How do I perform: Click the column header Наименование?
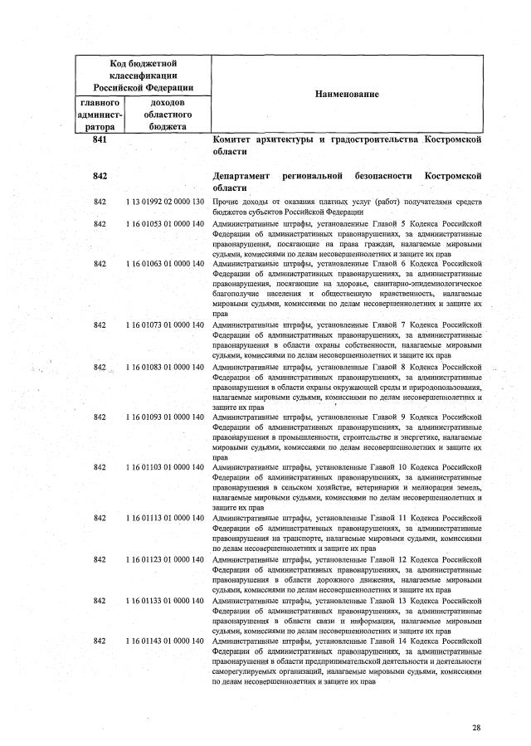coord(348,95)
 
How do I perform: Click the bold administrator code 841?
coord(102,140)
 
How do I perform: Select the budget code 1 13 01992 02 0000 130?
coord(165,202)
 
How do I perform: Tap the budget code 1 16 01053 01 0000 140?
coord(165,223)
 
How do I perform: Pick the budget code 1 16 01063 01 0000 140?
coord(165,264)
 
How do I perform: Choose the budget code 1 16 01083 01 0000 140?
coord(165,366)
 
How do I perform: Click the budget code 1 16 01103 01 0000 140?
coord(165,467)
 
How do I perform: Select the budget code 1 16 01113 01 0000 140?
coord(165,518)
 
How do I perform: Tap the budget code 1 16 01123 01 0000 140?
coord(165,559)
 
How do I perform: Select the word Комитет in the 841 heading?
coord(235,140)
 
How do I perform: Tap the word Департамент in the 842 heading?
coord(242,177)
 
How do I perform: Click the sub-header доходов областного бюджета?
coord(168,115)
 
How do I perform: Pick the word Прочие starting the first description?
coord(226,202)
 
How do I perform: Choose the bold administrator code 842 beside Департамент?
coord(102,177)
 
